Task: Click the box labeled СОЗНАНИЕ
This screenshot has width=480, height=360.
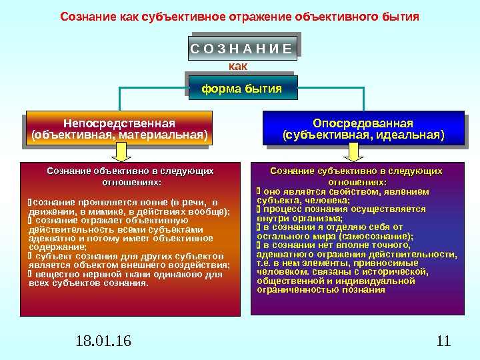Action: click(x=241, y=48)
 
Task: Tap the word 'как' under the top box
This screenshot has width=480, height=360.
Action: click(x=237, y=66)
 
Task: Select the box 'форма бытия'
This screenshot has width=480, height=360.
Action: click(x=241, y=88)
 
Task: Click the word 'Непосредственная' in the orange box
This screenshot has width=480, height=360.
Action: click(x=119, y=123)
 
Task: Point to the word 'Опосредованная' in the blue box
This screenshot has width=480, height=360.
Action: click(x=363, y=123)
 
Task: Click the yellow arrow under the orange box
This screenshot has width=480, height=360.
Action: click(x=119, y=154)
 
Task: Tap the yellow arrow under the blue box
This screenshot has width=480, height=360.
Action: click(x=363, y=154)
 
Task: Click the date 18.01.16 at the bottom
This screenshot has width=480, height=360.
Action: click(x=104, y=342)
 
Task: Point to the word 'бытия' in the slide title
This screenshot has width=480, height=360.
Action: click(x=401, y=15)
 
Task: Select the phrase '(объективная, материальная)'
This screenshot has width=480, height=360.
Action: click(x=119, y=136)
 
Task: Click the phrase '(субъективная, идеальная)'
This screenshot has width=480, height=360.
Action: click(x=363, y=136)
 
